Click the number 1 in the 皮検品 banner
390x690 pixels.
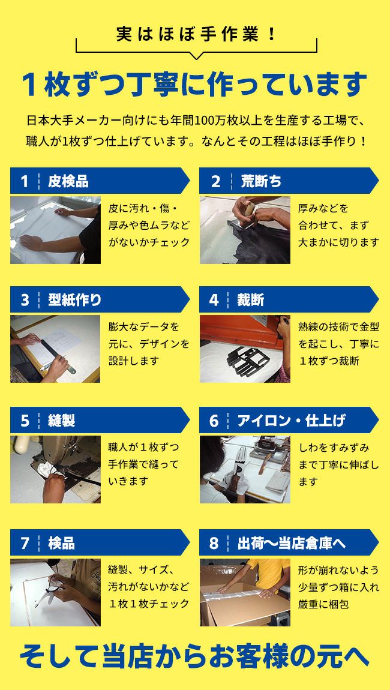[x=25, y=181]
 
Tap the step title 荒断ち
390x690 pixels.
[x=261, y=181]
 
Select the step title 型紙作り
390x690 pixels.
[x=75, y=300]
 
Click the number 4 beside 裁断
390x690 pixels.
[x=214, y=300]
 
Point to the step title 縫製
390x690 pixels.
[x=62, y=421]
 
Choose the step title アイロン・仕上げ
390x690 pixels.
[x=292, y=421]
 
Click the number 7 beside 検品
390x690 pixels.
[x=25, y=543]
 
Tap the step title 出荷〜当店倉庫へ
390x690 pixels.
[x=292, y=543]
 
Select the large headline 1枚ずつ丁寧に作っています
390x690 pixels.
[x=194, y=85]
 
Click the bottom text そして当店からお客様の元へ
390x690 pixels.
[x=194, y=656]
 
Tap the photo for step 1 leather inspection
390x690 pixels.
[x=55, y=230]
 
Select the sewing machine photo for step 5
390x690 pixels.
[x=55, y=469]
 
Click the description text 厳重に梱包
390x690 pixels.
[x=323, y=604]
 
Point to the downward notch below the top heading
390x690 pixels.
[x=197, y=56]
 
